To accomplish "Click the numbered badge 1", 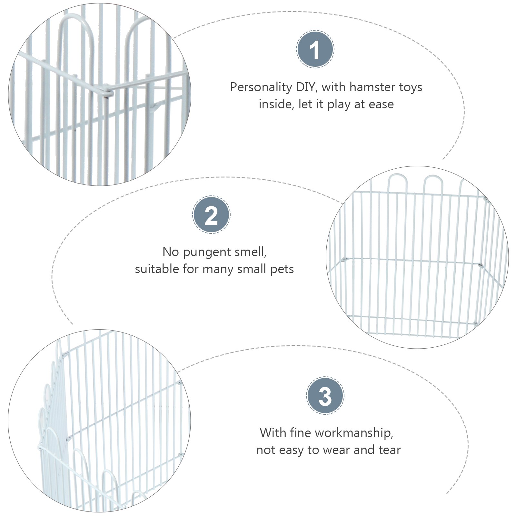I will pos(315,49).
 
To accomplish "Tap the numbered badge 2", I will pos(211,215).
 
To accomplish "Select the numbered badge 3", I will pos(325,396).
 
